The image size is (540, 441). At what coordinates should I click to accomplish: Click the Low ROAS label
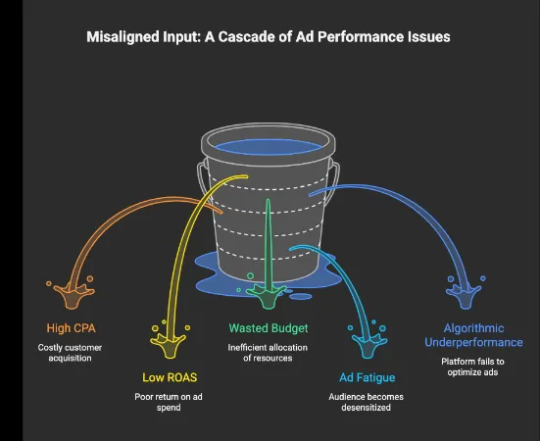pyautogui.click(x=170, y=377)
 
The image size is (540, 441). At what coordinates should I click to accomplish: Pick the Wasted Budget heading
pyautogui.click(x=269, y=328)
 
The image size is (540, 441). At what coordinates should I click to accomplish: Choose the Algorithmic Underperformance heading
pyautogui.click(x=473, y=335)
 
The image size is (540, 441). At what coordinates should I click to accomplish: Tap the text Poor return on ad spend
pyautogui.click(x=170, y=403)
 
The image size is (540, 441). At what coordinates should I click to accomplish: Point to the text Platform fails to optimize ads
pyautogui.click(x=473, y=367)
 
